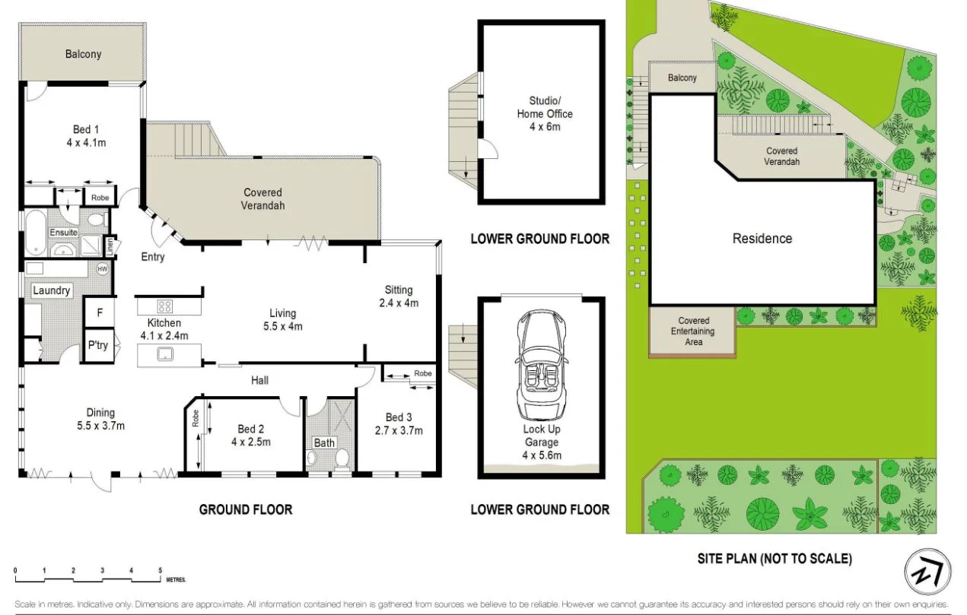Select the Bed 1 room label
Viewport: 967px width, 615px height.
[80, 135]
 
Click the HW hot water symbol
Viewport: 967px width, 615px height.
[102, 268]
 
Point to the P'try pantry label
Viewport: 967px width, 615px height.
[97, 345]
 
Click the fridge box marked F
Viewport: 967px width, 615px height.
[98, 312]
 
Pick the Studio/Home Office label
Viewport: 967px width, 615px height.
[545, 113]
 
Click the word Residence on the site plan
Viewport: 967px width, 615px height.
[762, 238]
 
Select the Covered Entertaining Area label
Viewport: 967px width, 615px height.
[693, 331]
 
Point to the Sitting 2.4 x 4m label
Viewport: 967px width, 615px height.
[398, 296]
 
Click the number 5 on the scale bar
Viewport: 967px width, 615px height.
[161, 569]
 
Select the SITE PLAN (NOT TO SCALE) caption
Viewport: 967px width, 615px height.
[775, 559]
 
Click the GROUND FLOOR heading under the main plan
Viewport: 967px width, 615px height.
[245, 509]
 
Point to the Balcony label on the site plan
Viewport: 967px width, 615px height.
[682, 78]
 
